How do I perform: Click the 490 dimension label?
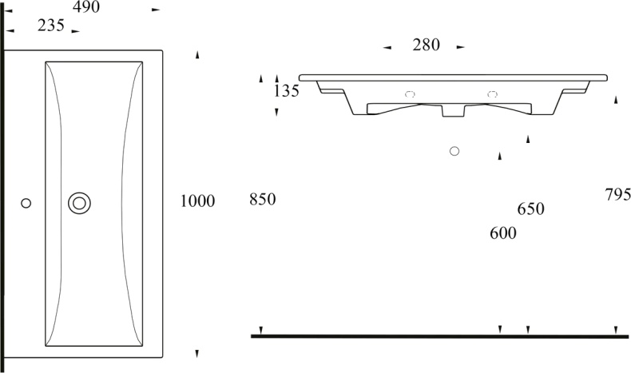pyautogui.click(x=86, y=7)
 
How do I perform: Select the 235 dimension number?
pyautogui.click(x=50, y=26)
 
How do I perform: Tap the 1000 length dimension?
pyautogui.click(x=197, y=200)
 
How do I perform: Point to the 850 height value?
pyautogui.click(x=262, y=199)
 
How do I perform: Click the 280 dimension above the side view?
pyautogui.click(x=427, y=45)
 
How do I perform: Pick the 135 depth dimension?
pyautogui.click(x=287, y=91)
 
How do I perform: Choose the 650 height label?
pyautogui.click(x=531, y=208)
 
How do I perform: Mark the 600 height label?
pyautogui.click(x=503, y=233)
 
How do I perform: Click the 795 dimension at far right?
pyautogui.click(x=618, y=195)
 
